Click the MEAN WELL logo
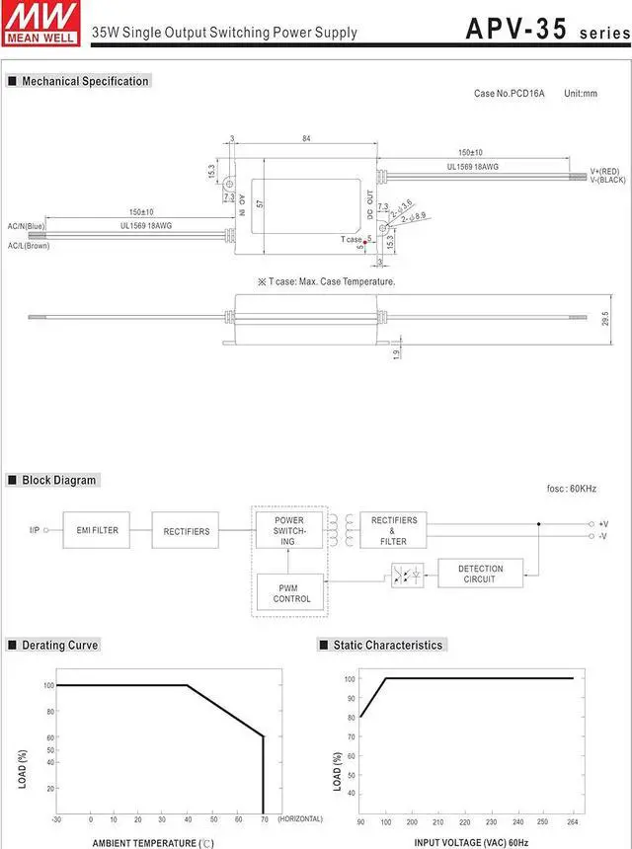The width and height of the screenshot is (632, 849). (41, 24)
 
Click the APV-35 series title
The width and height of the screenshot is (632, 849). (548, 30)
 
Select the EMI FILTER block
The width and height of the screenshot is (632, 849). (97, 530)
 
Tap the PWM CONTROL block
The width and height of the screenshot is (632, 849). (290, 592)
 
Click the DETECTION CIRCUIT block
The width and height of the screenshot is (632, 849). (480, 574)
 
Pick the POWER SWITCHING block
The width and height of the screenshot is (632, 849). (289, 530)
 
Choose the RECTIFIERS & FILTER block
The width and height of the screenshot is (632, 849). (393, 530)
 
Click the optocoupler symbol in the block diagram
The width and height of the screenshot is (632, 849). (407, 575)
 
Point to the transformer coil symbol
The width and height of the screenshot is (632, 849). (342, 530)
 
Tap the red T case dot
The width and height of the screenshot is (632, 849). (365, 243)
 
